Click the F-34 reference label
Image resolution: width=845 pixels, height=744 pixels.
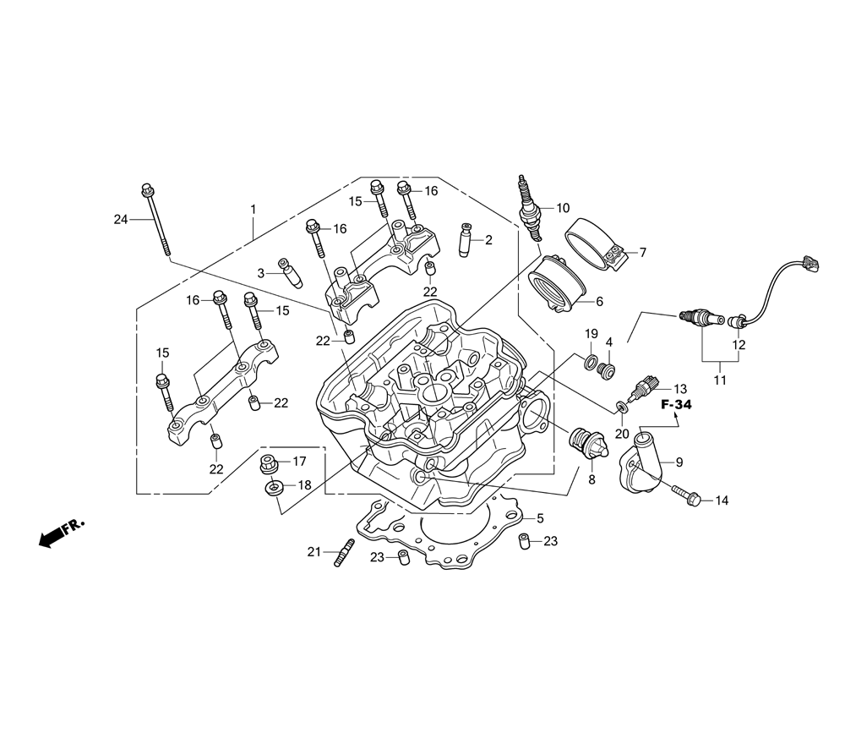676,406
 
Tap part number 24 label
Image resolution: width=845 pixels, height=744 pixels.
121,220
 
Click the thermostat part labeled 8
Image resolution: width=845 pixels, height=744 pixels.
585,444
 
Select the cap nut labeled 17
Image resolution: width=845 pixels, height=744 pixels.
272,462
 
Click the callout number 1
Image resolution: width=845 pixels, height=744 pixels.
251,208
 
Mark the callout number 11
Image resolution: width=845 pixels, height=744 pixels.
719,380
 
